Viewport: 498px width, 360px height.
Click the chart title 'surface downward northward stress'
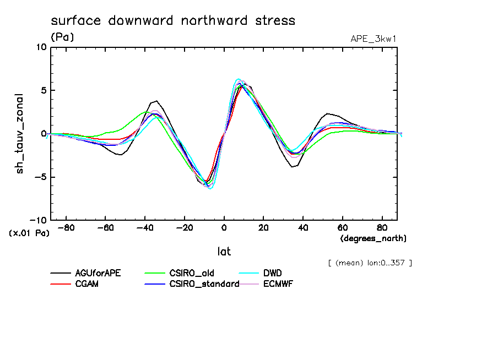(173, 21)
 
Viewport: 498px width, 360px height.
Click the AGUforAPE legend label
(97, 273)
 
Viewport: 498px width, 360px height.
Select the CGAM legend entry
(86, 284)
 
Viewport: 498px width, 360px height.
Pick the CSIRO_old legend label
(190, 273)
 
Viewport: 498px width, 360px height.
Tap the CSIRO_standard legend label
(203, 284)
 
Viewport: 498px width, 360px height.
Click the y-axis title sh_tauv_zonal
(20, 133)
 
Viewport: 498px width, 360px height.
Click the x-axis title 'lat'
(224, 252)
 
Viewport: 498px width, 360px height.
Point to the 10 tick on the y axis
(41, 47)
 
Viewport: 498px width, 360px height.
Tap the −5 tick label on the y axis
(40, 177)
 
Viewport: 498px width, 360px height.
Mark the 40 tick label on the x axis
(303, 227)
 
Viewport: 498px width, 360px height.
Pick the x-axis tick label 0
(224, 227)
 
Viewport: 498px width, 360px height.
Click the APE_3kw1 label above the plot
(374, 39)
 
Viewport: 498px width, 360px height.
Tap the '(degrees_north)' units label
(373, 238)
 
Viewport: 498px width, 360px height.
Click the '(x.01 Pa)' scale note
(29, 233)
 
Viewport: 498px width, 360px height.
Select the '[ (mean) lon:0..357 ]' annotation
(369, 263)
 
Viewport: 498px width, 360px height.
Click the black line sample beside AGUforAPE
(61, 273)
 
